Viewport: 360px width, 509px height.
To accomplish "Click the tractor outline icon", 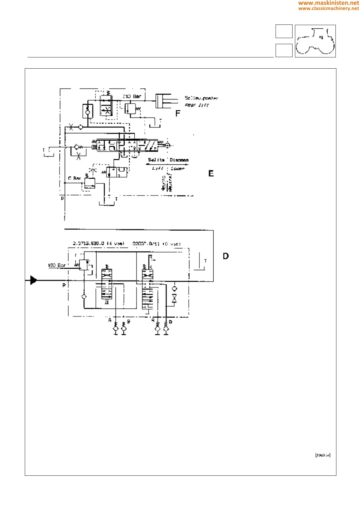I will point(315,41).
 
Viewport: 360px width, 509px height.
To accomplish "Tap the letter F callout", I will point(178,113).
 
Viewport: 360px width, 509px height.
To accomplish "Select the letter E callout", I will point(211,173).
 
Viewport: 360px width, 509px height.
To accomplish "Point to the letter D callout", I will point(226,256).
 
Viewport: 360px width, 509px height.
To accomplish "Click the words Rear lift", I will point(197,105).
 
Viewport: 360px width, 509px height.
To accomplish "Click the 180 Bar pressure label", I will point(57,265).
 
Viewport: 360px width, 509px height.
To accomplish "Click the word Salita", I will point(156,160).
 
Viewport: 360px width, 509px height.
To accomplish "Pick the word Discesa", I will point(179,160).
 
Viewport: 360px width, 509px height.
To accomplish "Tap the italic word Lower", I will point(178,168).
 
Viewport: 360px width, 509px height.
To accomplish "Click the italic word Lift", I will point(158,168).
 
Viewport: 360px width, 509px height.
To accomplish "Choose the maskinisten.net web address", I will point(329,3).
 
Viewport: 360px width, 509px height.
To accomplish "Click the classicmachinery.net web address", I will point(329,8).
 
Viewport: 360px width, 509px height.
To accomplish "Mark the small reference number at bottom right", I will point(323,455).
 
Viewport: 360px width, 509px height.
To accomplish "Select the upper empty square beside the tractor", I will point(284,31).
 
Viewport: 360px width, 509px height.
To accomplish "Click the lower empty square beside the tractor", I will point(284,50).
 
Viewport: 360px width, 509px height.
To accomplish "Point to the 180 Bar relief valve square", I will point(83,265).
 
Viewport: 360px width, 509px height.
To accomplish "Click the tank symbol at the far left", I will point(49,153).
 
